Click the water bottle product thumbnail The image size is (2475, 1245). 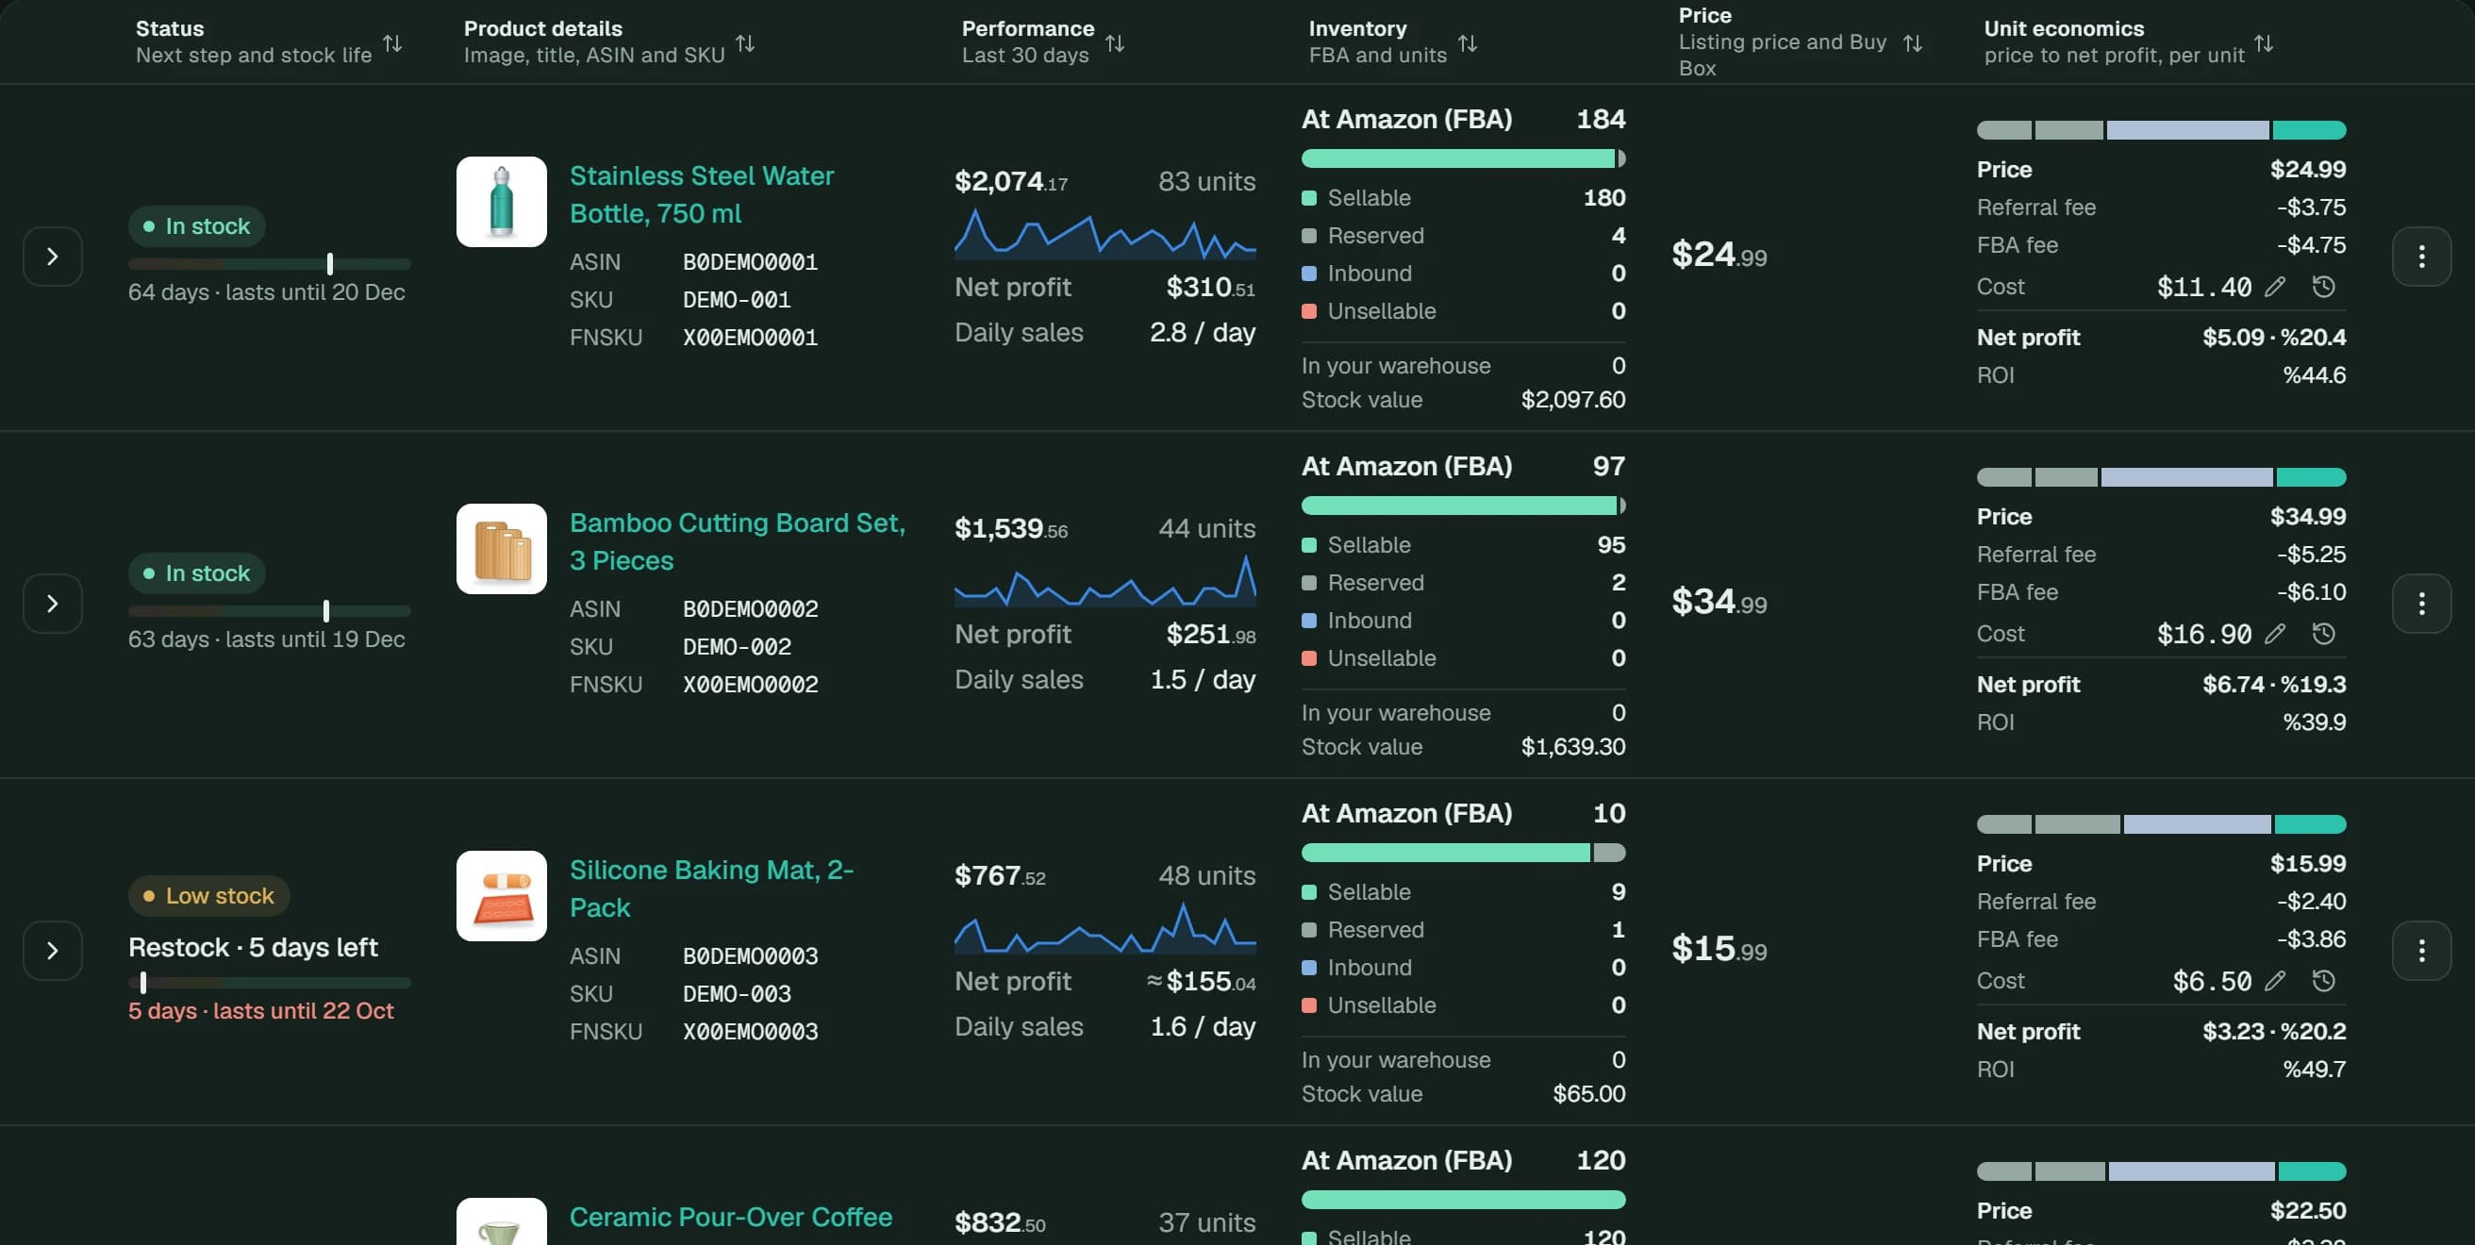[x=502, y=202]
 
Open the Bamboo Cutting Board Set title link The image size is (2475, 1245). [x=737, y=541]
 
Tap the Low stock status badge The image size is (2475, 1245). [x=209, y=895]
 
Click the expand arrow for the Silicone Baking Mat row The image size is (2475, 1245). [x=53, y=950]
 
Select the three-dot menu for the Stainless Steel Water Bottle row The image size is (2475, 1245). [x=2421, y=257]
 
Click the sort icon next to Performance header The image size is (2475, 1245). [x=1115, y=43]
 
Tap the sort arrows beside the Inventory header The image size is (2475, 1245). [x=1467, y=43]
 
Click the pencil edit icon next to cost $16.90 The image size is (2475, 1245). [x=2274, y=634]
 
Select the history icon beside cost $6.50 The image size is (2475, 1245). [x=2323, y=981]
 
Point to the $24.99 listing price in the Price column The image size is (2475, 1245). [x=1719, y=255]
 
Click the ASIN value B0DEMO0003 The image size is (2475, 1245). [x=751, y=955]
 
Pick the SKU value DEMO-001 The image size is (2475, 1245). [x=737, y=300]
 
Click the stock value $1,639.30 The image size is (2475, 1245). [x=1573, y=746]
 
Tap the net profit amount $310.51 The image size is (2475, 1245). [x=1209, y=288]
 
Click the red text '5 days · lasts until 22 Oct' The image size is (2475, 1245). [x=261, y=1010]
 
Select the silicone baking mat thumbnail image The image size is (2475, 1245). [x=502, y=895]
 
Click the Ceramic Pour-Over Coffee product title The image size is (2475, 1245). [x=731, y=1217]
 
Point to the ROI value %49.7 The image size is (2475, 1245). [x=2314, y=1070]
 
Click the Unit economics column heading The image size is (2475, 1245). [x=2064, y=29]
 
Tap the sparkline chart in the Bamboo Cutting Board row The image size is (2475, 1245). [x=1105, y=579]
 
